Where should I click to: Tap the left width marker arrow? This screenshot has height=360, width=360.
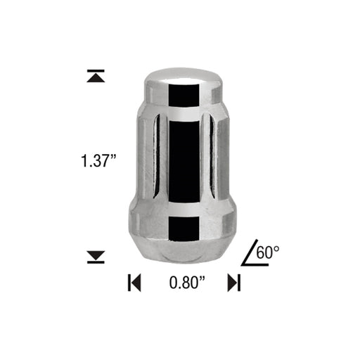(x=134, y=283)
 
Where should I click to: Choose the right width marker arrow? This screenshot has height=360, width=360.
(x=235, y=283)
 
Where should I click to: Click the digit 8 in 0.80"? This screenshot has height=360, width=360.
(x=185, y=283)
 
